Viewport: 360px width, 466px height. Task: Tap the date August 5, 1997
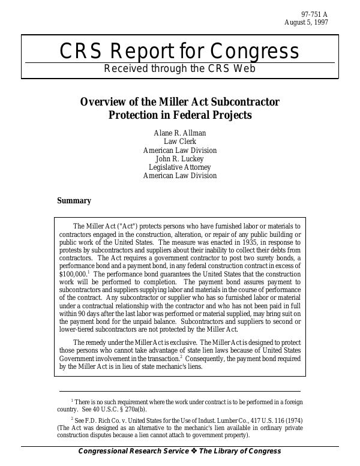[x=306, y=22]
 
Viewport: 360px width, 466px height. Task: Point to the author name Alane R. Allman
[x=180, y=133]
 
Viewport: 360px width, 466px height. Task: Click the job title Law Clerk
[x=180, y=142]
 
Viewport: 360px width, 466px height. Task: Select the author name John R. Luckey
[x=180, y=159]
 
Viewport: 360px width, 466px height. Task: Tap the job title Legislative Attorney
[x=180, y=167]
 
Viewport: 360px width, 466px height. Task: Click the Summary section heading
[x=74, y=201]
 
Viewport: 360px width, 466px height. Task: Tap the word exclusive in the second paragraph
[x=179, y=342]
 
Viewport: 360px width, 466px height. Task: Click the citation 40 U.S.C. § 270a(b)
[x=121, y=409]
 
